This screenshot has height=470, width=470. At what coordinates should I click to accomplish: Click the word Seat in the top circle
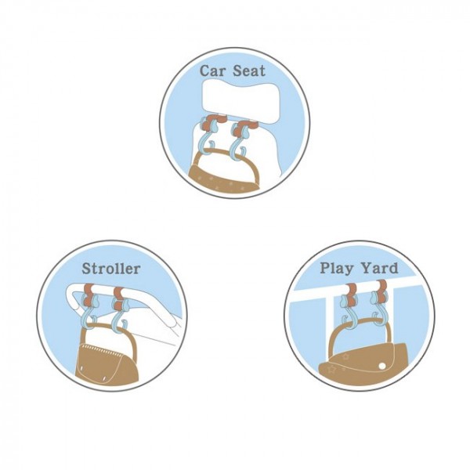click(249, 71)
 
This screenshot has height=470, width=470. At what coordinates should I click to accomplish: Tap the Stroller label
click(111, 269)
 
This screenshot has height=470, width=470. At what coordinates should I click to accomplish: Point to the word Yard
click(379, 267)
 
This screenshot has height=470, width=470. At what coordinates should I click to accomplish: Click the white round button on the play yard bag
click(382, 366)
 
